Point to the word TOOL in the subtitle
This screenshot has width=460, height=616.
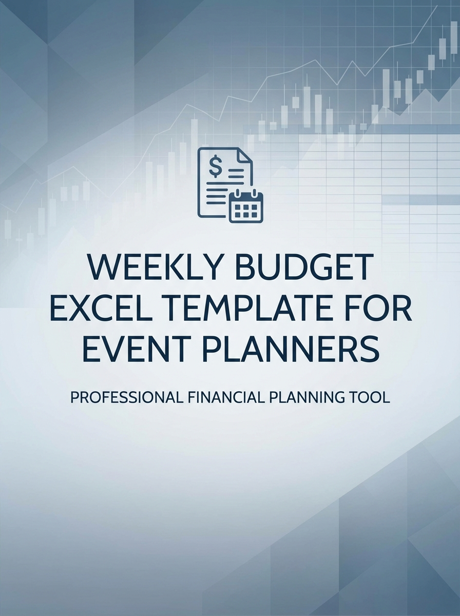tap(371, 398)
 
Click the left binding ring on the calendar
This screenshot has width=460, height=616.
tap(238, 194)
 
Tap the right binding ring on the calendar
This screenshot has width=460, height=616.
tap(254, 194)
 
